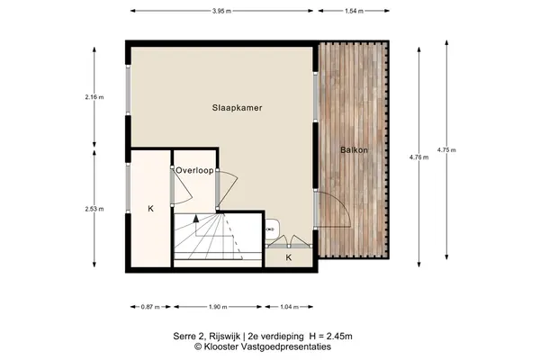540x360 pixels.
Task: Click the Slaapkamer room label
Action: pos(237,108)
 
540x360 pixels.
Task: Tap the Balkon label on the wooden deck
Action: pos(354,150)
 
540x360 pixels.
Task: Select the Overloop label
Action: pos(194,170)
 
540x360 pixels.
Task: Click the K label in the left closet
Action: pos(150,209)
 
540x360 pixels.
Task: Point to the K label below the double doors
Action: pos(289,257)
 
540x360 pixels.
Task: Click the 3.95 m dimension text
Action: pos(221,11)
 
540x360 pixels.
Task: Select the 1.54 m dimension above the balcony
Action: pos(354,11)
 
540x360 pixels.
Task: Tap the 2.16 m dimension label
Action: pos(94,97)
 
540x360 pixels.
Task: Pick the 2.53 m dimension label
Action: pos(94,209)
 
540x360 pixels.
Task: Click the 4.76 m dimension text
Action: pos(419,157)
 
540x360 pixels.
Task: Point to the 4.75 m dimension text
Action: pos(446,150)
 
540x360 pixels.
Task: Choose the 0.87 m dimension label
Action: pos(150,307)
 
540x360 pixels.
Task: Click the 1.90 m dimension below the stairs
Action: pos(218,307)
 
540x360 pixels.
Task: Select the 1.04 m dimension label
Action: pos(289,307)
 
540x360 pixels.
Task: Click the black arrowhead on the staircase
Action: pos(196,218)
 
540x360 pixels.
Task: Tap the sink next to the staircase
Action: pos(272,229)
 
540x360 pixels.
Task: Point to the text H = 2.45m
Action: pos(331,337)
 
